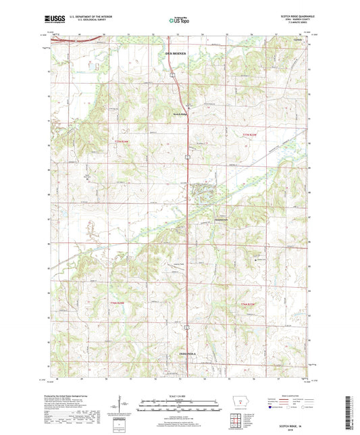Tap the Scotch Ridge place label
tap(178, 114)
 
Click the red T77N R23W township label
tap(250, 134)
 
